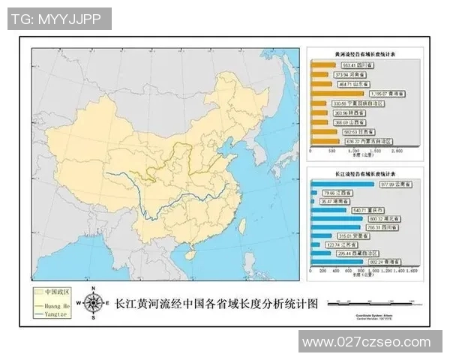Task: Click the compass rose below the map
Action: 94,302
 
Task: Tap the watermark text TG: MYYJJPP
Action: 57,19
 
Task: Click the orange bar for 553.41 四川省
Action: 323,66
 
